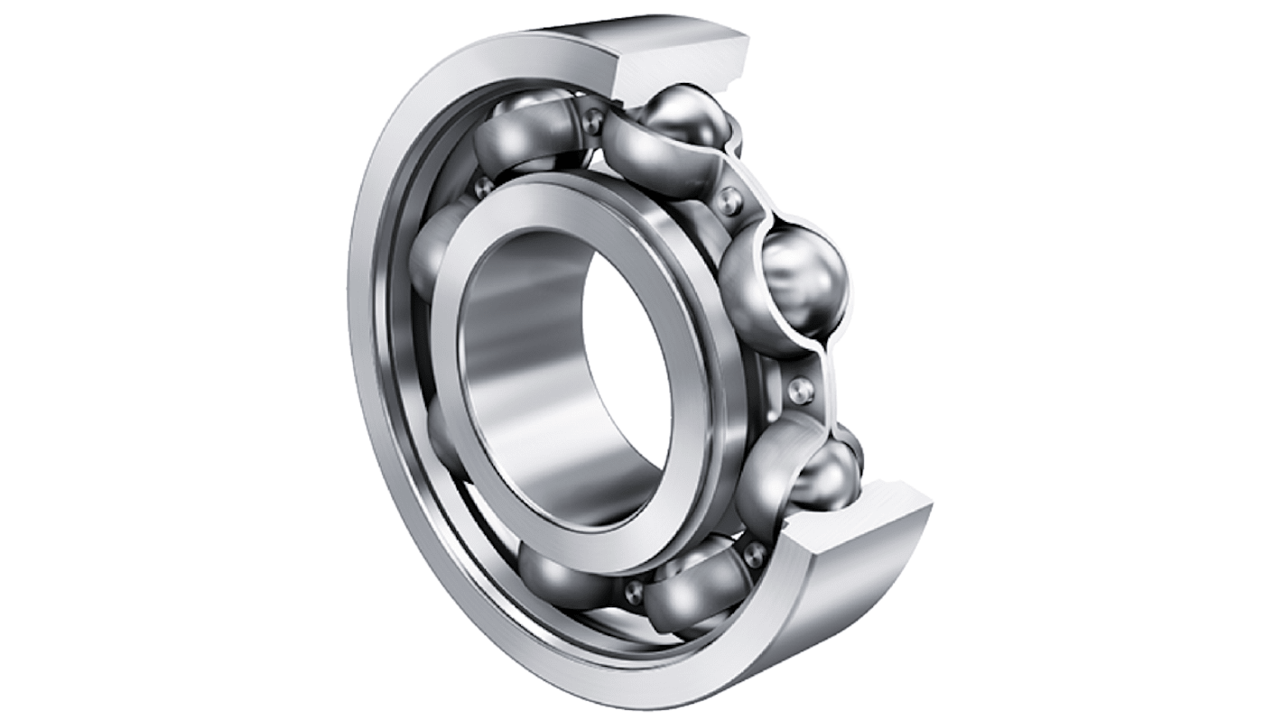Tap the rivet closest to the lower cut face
tap(754, 553)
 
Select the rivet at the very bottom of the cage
tap(635, 591)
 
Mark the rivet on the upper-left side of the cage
tap(484, 187)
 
